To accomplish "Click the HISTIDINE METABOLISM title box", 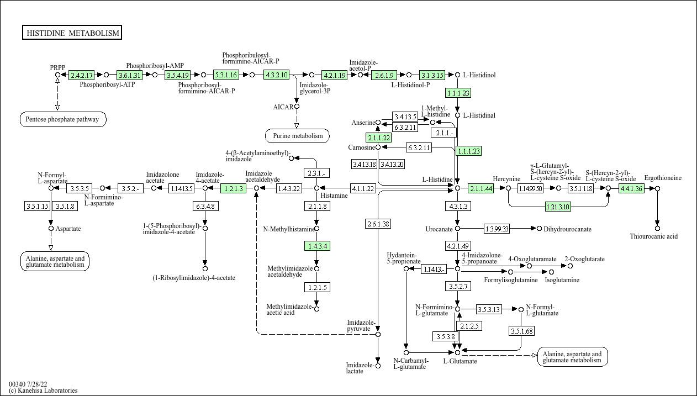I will pyautogui.click(x=72, y=33).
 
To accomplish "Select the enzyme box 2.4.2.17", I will pyautogui.click(x=82, y=75).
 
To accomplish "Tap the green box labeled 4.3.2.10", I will pyautogui.click(x=277, y=75).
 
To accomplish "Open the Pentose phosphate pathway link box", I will pyautogui.click(x=63, y=119).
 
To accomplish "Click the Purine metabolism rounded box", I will pyautogui.click(x=297, y=135).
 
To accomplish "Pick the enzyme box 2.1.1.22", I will pyautogui.click(x=378, y=138).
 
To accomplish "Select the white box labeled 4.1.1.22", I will pyautogui.click(x=363, y=188).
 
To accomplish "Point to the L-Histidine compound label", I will pyautogui.click(x=437, y=179).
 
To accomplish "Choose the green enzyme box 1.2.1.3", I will pyautogui.click(x=233, y=188).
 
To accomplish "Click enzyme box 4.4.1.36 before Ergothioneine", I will pyautogui.click(x=631, y=188).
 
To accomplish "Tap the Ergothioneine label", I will pyautogui.click(x=663, y=178).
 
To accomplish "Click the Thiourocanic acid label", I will pyautogui.click(x=653, y=236).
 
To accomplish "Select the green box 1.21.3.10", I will pyautogui.click(x=558, y=207).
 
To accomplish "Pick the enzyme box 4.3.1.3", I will pyautogui.click(x=457, y=206).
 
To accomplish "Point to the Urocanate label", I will pyautogui.click(x=439, y=229).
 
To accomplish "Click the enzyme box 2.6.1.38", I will pyautogui.click(x=378, y=224).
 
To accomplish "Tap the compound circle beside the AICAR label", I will pyautogui.click(x=297, y=107).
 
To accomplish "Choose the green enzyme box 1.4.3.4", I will pyautogui.click(x=316, y=246).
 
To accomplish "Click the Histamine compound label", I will pyautogui.click(x=334, y=196).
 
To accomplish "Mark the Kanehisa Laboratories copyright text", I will pyautogui.click(x=43, y=390).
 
